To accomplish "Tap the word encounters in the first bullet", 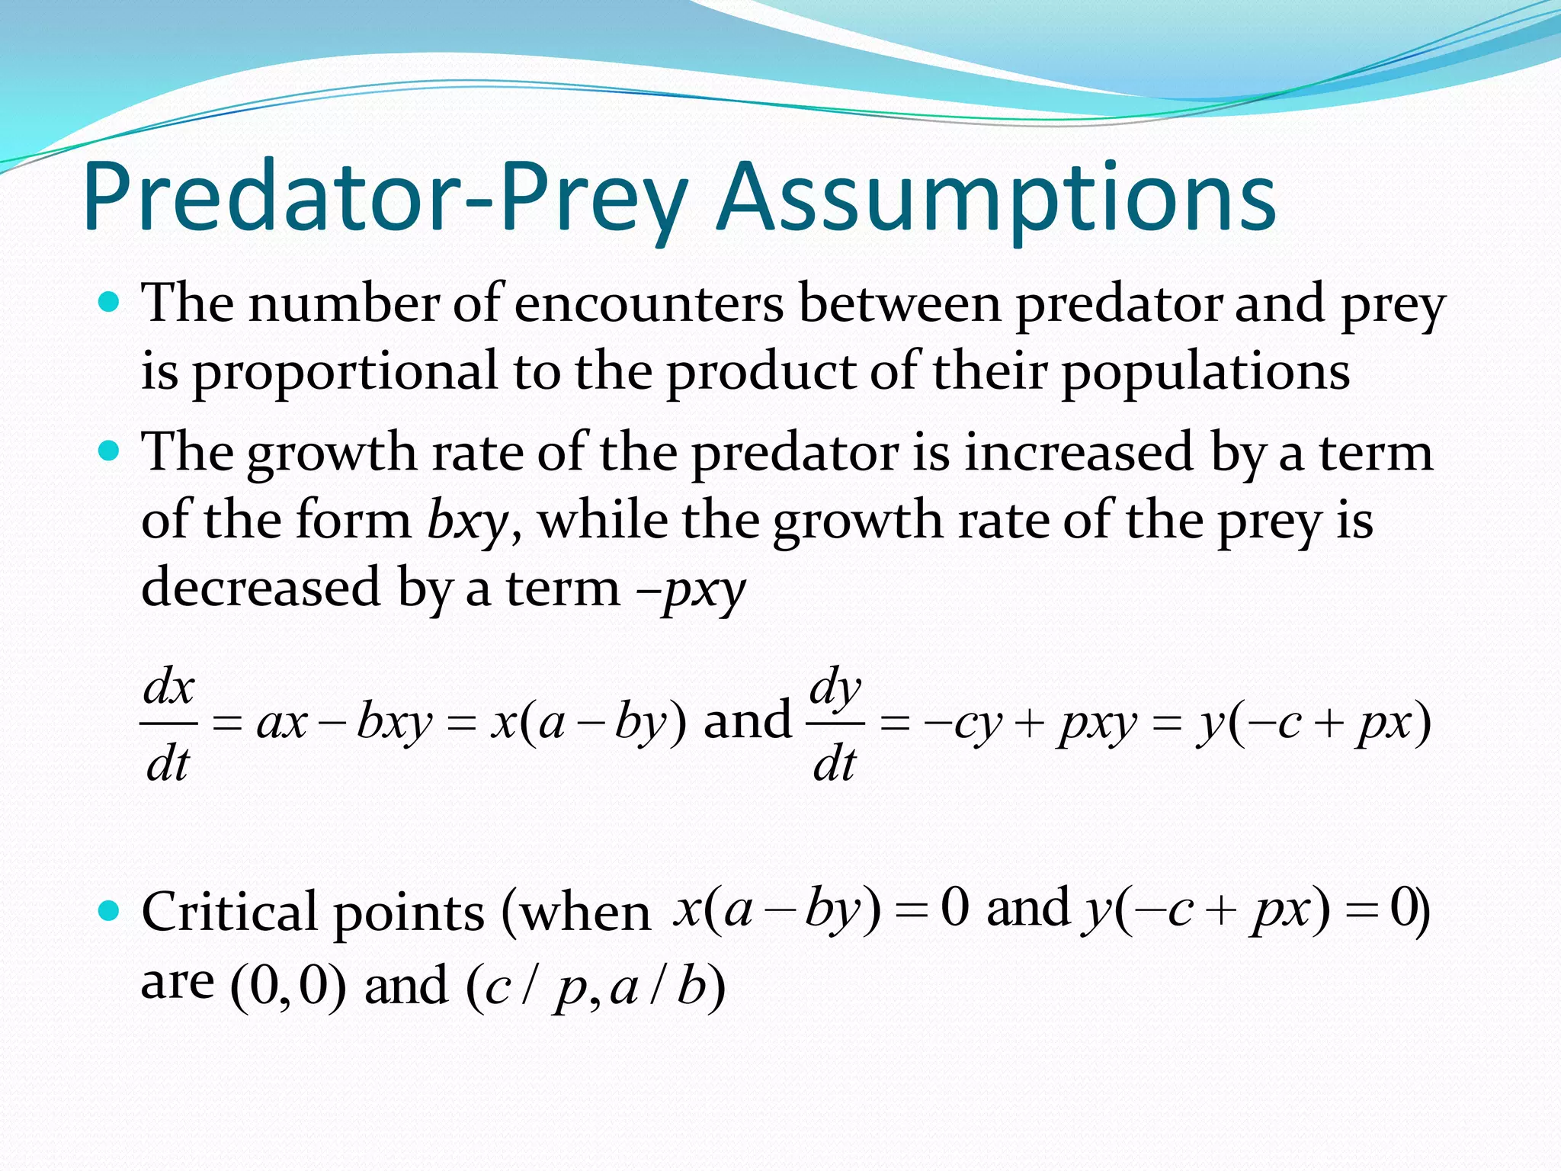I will [649, 304].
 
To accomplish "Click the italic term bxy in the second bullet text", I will [467, 521].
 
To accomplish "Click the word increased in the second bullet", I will [1079, 453].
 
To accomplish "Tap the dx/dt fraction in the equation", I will [168, 724].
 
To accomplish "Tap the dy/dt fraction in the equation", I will [835, 724].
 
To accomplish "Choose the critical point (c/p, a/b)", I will [595, 988].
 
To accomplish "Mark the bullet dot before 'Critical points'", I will [111, 910].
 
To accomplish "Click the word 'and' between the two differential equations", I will [748, 721].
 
